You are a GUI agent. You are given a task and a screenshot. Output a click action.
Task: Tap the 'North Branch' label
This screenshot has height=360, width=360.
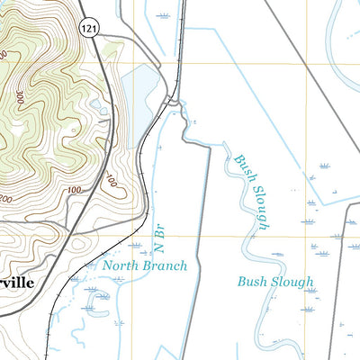(144, 265)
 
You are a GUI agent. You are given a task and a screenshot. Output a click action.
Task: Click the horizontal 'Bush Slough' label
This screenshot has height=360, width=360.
(275, 282)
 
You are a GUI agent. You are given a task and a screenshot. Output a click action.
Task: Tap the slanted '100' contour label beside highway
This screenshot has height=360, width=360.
(111, 183)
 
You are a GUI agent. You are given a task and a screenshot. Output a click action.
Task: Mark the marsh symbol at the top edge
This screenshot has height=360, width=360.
(163, 15)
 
